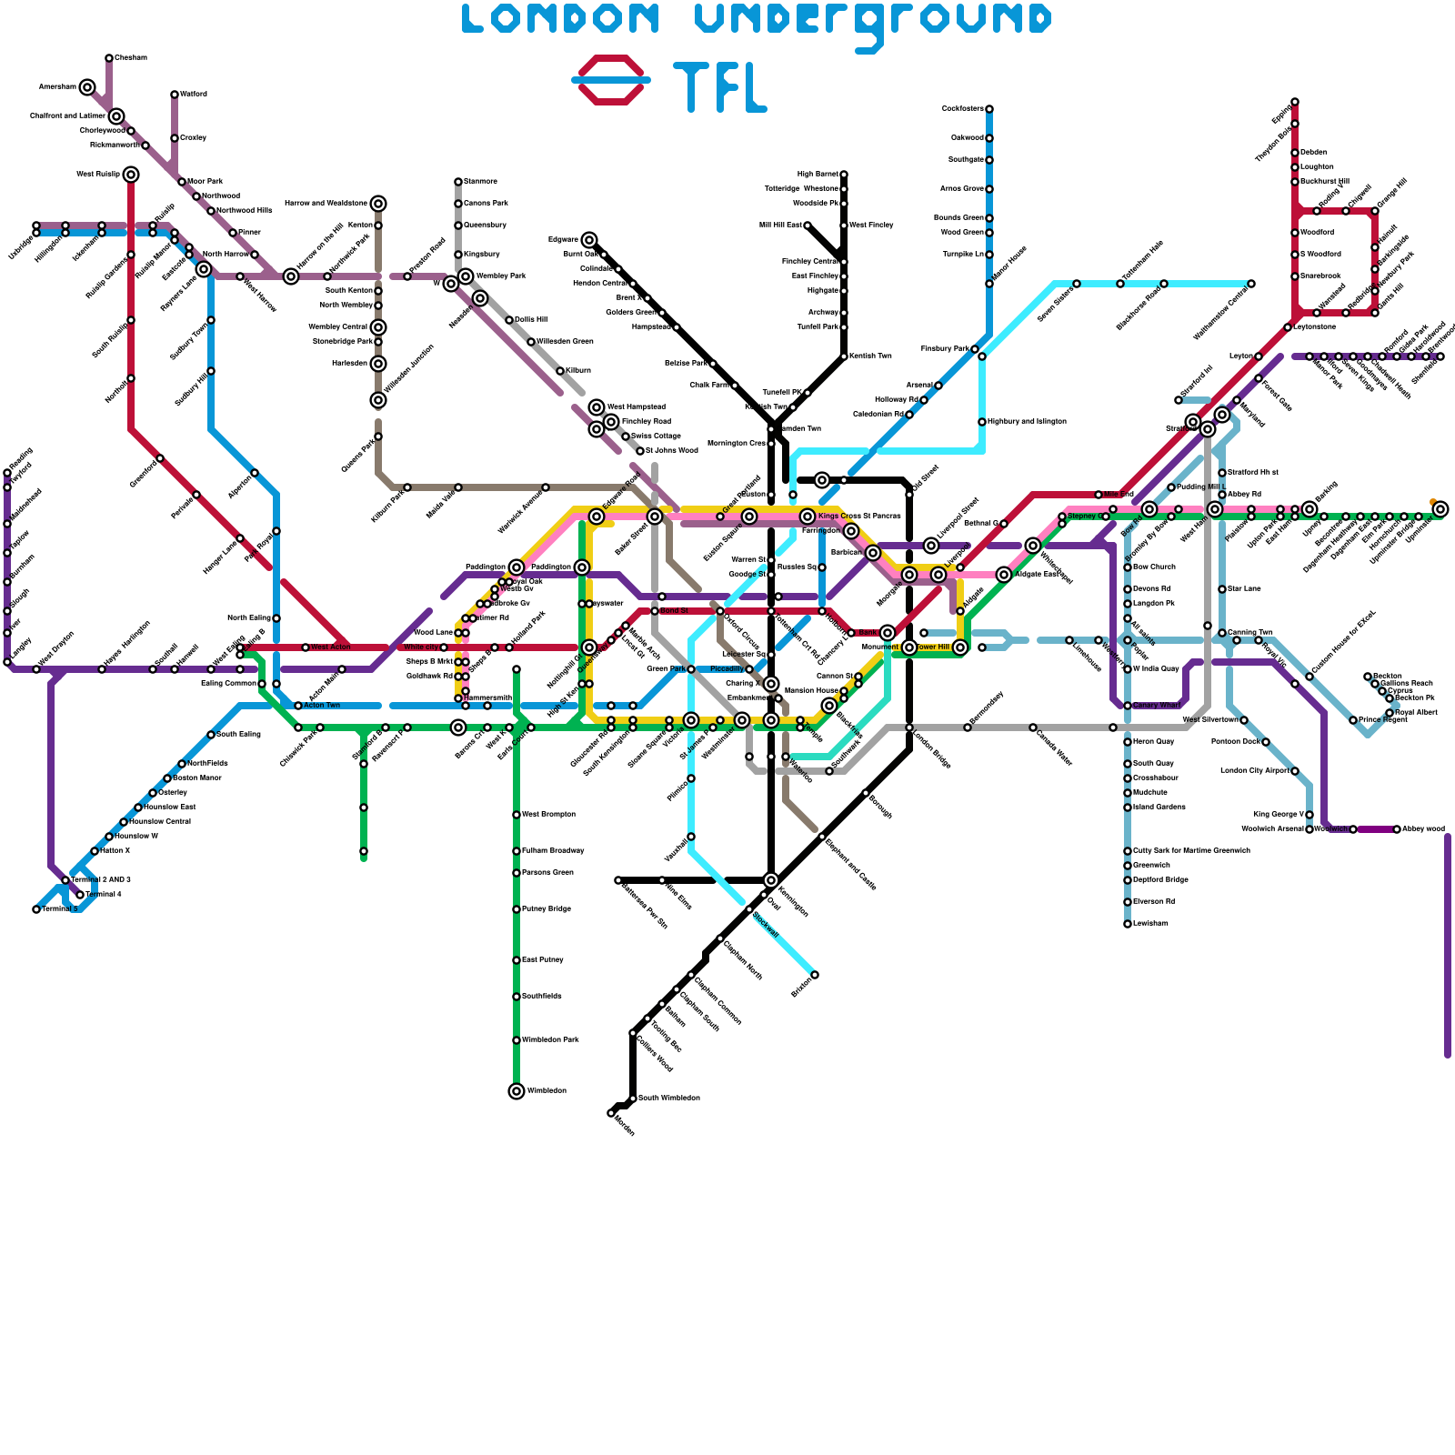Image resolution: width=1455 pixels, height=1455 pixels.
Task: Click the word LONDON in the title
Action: click(560, 19)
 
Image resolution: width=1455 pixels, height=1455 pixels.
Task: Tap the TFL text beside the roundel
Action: click(719, 87)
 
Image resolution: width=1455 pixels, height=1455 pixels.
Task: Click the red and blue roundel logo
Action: click(611, 80)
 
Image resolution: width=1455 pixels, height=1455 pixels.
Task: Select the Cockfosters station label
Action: click(962, 109)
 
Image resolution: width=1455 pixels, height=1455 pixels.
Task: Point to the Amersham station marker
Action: click(87, 87)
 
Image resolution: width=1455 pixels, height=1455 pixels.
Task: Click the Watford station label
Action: click(194, 95)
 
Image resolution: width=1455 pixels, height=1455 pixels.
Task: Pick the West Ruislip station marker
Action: click(131, 175)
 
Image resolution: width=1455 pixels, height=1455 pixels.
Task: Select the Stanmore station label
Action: click(480, 182)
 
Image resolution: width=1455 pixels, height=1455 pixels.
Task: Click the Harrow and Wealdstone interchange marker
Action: click(378, 204)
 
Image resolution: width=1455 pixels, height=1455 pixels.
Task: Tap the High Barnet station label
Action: click(818, 174)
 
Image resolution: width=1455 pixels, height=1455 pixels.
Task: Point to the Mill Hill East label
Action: click(780, 226)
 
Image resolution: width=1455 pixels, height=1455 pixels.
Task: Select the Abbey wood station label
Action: click(1423, 829)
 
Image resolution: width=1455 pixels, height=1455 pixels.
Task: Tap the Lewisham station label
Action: click(1150, 924)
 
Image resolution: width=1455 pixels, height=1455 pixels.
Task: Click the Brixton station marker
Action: click(815, 975)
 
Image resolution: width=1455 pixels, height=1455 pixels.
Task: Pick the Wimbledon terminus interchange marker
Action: click(517, 1091)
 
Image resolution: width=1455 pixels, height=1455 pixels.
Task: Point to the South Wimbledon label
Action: click(669, 1099)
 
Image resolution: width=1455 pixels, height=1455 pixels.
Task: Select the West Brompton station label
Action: click(548, 815)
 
